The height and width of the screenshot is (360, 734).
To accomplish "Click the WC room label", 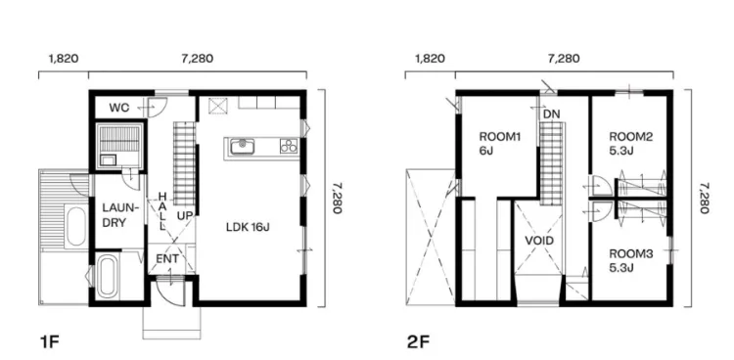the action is coord(118,109).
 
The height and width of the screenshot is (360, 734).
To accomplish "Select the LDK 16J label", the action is coord(248,228).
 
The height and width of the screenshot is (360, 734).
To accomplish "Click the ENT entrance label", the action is coord(167,258).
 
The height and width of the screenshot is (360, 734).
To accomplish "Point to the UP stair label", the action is coord(185,216).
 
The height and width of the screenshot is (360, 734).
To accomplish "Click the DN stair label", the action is coord(552,114).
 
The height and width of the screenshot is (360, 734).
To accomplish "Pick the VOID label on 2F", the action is coord(539,241).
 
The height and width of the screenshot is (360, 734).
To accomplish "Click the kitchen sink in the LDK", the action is coord(243,147).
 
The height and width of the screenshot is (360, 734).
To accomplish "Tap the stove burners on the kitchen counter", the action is coord(289,146).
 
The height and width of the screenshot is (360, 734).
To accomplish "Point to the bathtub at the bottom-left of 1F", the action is coord(107,277).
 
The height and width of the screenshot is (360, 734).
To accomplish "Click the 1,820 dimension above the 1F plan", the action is coord(64,59).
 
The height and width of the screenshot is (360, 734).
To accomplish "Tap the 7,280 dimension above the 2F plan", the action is coord(564,59).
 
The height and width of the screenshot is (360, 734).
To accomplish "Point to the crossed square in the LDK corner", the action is coord(217,106).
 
